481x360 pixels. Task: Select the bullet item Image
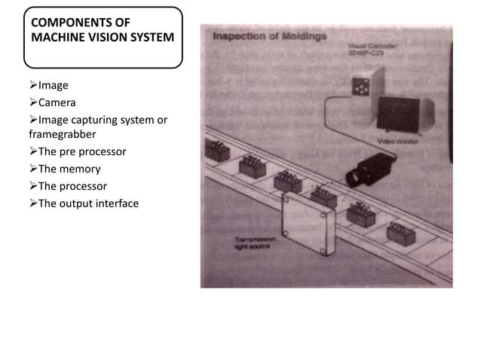coord(53,85)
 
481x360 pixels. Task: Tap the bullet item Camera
coord(57,102)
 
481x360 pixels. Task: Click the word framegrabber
coord(63,134)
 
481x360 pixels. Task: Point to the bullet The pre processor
coord(81,151)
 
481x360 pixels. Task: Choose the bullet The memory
coord(69,169)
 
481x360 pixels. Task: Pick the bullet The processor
coord(72,186)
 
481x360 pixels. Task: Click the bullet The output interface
coord(88,203)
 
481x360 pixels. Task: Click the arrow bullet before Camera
coord(32,102)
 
